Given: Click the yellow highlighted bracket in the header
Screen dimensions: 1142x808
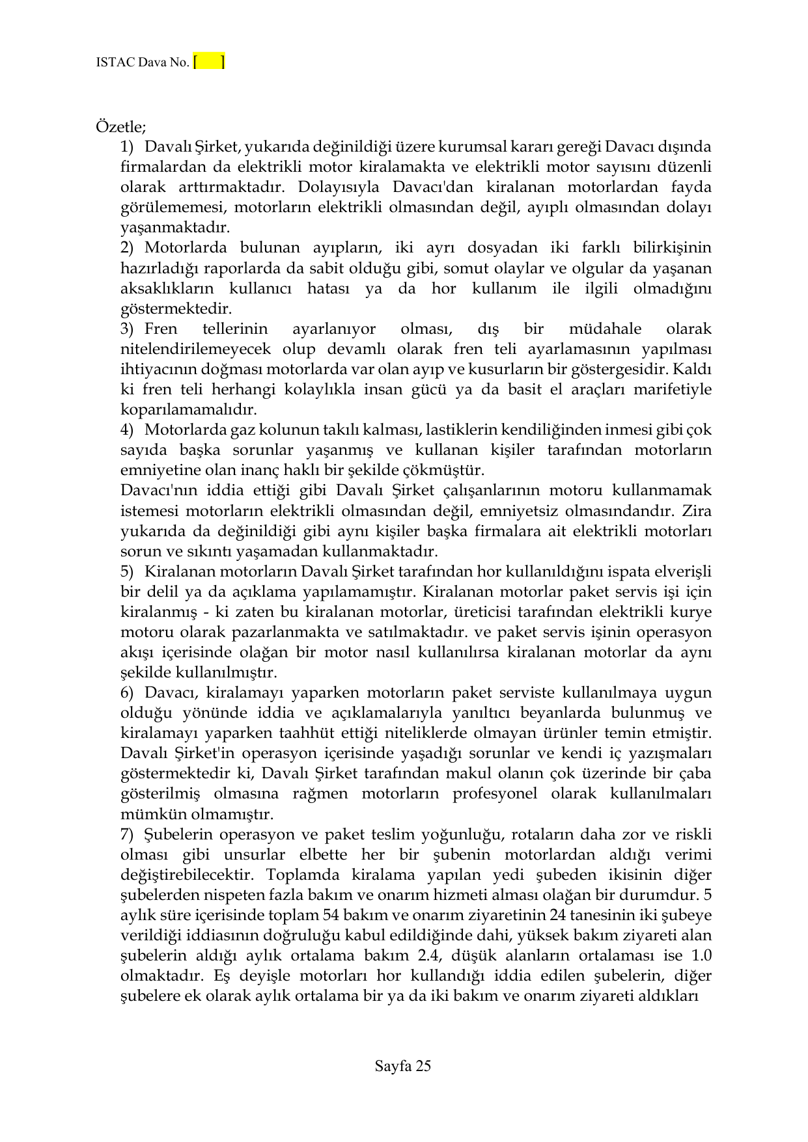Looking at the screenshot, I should point(209,62).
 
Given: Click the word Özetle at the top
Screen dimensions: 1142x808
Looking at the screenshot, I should point(121,126).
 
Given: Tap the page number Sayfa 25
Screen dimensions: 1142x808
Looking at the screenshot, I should point(403,1066).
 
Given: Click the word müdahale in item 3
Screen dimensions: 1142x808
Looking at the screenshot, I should point(605,329).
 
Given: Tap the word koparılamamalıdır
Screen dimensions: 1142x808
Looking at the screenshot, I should point(189,410).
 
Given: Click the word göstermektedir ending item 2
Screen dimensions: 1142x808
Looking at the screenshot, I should point(176,308).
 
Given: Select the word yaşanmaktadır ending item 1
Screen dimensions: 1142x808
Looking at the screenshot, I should point(175,228).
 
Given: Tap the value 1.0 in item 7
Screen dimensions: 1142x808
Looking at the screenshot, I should point(701,956).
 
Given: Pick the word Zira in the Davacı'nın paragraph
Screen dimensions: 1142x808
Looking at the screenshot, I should point(697,511).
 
